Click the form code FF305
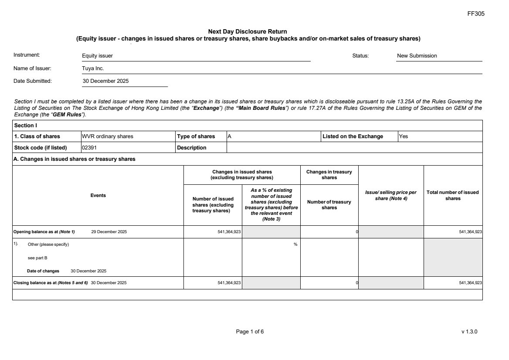pos(475,14)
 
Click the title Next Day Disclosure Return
pos(248,31)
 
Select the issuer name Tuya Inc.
pos(93,68)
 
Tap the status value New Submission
pos(417,56)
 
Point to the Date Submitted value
pos(105,81)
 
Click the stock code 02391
pos(89,148)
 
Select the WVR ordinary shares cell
pos(108,136)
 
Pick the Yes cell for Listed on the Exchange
pos(404,136)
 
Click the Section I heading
pos(26,126)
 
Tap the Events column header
pos(98,195)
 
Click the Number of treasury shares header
pos(329,204)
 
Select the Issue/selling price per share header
pos(390,195)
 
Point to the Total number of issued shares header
pos(453,195)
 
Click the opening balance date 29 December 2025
pos(109,232)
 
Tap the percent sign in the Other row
pos(295,245)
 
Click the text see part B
pos(37,258)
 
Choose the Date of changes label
pos(43,271)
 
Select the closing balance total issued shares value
pos(470,283)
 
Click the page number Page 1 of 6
pos(250,332)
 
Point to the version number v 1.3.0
pos(469,332)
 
